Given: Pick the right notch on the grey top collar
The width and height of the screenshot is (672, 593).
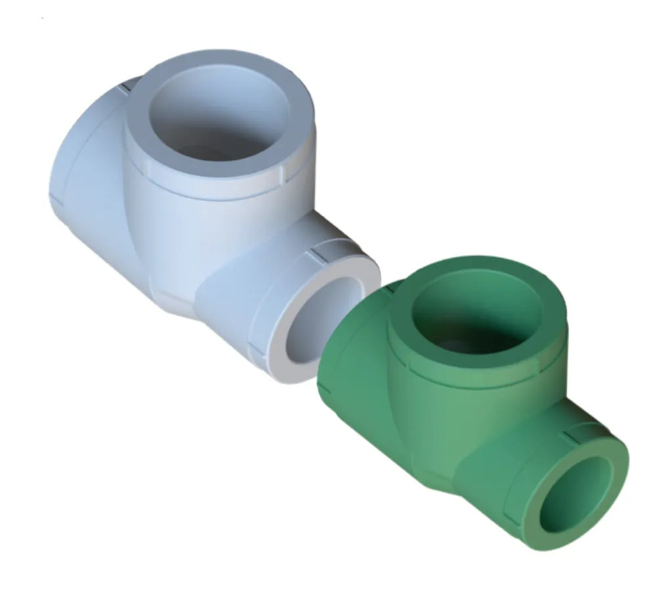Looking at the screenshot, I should pyautogui.click(x=286, y=173).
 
